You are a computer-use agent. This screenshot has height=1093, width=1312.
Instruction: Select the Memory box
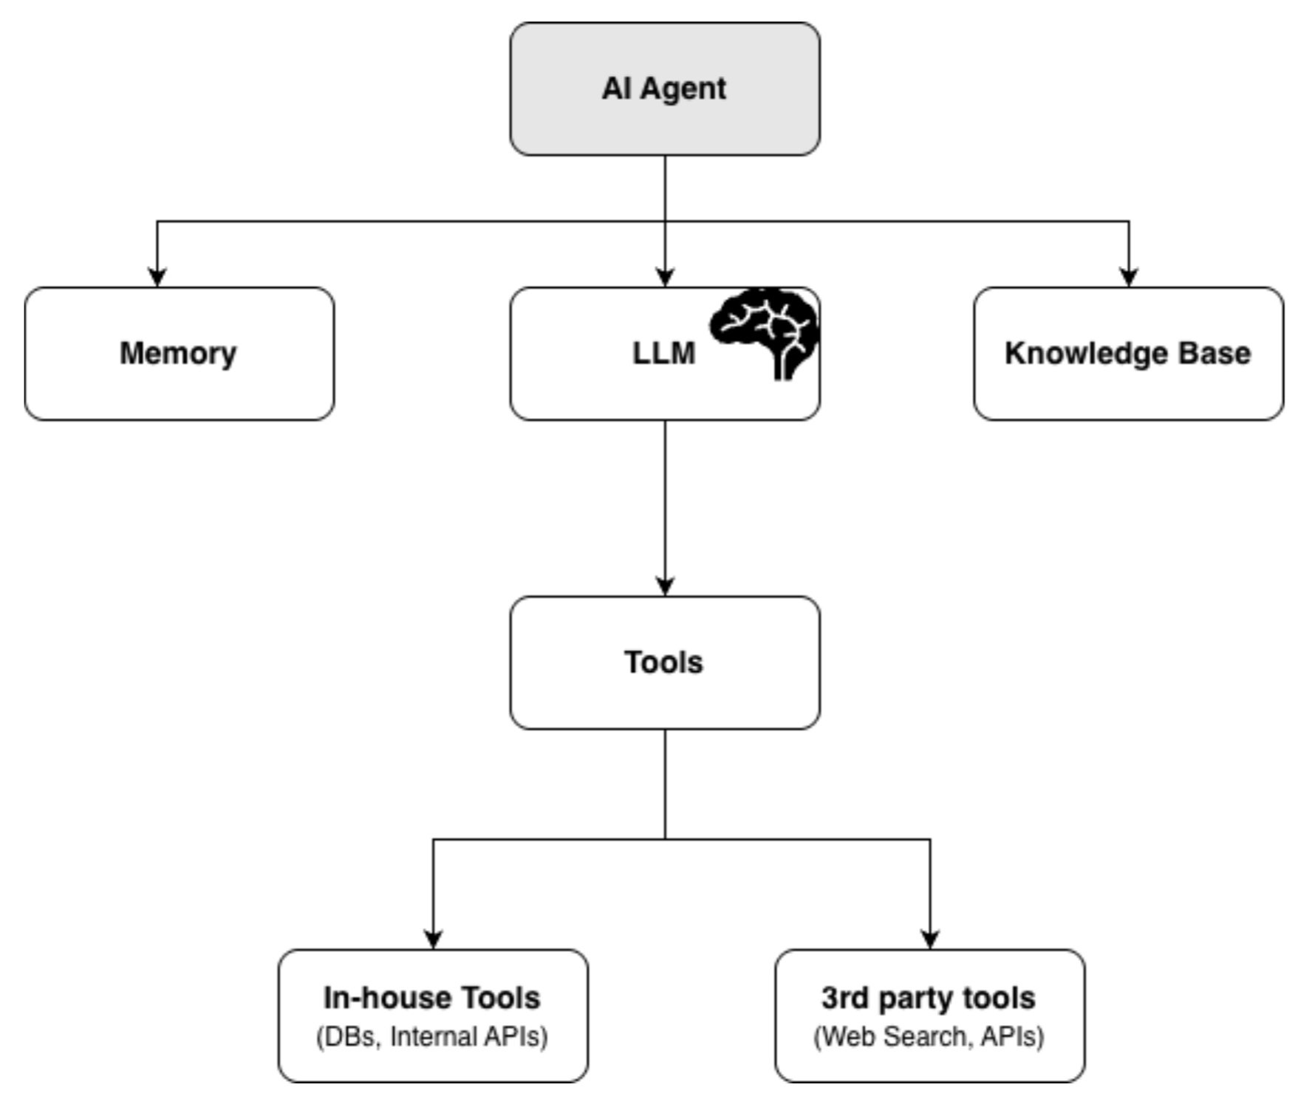179,384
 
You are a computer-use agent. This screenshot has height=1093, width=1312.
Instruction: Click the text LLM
663,353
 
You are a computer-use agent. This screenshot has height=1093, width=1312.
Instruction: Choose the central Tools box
664,694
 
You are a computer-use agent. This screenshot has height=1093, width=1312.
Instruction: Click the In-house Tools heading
432,998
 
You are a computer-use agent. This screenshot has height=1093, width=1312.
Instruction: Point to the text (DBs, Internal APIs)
432,1037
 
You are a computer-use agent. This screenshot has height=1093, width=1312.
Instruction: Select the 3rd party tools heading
929,998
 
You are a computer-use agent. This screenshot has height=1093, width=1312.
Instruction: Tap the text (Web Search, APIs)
929,1037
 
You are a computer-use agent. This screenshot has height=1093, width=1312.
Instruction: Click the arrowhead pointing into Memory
157,277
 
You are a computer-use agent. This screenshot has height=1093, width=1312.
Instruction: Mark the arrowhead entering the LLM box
665,277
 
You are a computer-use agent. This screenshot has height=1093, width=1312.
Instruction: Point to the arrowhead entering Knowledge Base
1128,277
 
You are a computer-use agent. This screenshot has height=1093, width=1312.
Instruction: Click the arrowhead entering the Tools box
665,586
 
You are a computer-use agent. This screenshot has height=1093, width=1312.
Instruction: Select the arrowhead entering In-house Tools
433,939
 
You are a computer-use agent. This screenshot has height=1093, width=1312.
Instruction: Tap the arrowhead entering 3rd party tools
930,939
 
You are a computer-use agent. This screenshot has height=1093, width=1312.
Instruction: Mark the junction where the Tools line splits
665,839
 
